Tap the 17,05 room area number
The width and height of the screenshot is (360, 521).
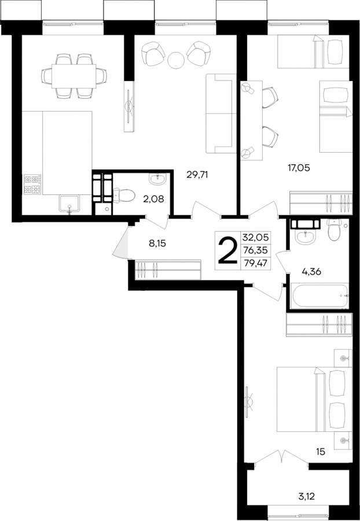(x=299, y=168)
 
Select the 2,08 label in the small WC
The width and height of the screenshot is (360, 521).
(x=153, y=199)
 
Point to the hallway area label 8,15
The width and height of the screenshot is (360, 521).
(x=156, y=243)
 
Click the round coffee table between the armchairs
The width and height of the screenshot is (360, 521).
(x=176, y=58)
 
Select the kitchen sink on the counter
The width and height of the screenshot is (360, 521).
(x=70, y=204)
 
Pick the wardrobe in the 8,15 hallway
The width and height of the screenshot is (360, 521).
(x=168, y=269)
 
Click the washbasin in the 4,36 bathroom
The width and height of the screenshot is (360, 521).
(x=303, y=234)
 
